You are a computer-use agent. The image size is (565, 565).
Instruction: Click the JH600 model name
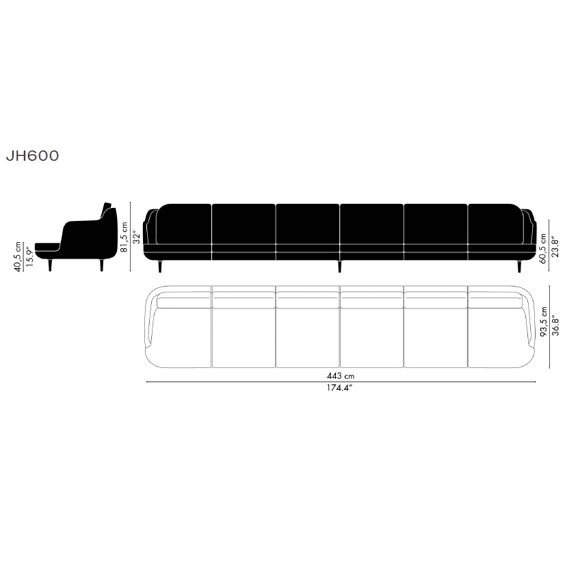[32, 156]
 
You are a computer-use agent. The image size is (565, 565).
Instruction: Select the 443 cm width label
[341, 376]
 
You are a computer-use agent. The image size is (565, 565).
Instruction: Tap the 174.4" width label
[339, 388]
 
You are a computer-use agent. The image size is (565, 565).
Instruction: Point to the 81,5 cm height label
[124, 237]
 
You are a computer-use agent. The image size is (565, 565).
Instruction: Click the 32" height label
[137, 237]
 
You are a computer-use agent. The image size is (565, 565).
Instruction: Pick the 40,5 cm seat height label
[18, 257]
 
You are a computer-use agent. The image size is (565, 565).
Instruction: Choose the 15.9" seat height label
[30, 257]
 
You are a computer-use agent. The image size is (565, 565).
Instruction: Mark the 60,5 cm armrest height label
[543, 248]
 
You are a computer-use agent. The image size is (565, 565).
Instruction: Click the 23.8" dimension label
[556, 247]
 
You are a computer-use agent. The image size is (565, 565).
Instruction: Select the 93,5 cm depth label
[544, 321]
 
